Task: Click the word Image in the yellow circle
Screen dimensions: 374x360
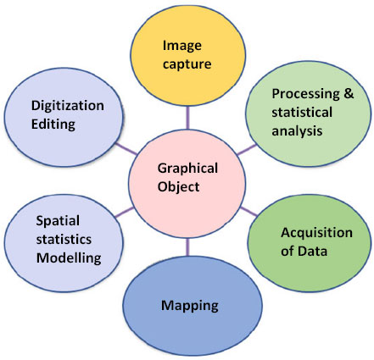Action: pos(182,47)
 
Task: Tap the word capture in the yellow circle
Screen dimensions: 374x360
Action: pos(187,64)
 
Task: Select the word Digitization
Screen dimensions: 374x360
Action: pos(68,106)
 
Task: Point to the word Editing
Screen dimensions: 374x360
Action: pos(53,125)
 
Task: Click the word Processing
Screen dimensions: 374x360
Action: pos(305,94)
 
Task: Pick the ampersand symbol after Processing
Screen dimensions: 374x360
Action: pos(349,93)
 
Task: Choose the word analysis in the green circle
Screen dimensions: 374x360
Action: pos(297,131)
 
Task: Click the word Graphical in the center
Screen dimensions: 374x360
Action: pos(187,169)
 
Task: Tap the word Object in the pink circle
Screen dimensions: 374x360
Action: pos(178,187)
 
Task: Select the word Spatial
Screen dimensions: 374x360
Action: pos(58,221)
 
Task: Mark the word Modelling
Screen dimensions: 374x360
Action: pos(69,258)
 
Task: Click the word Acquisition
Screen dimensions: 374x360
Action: pos(316,233)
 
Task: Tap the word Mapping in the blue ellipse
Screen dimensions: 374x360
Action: pos(190,306)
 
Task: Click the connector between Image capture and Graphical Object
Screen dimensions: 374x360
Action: pos(187,118)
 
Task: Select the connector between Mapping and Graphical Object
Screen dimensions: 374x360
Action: pos(187,247)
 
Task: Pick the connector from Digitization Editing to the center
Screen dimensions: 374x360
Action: pos(126,149)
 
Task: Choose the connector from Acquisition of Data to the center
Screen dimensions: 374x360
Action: pos(248,212)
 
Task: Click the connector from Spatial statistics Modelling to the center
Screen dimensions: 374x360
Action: pos(125,212)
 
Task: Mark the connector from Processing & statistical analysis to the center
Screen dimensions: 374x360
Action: pos(247,150)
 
